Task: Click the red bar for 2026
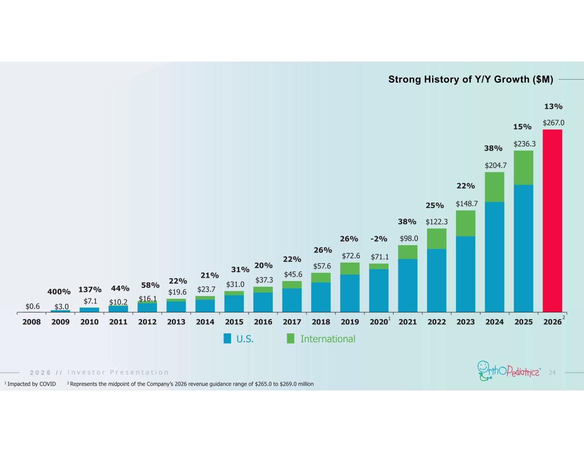click(552, 221)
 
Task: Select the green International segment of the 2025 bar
click(523, 168)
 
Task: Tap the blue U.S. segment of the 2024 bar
click(495, 257)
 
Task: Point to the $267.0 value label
click(553, 123)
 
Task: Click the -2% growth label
click(379, 239)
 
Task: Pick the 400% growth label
click(59, 291)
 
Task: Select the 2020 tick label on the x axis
click(379, 322)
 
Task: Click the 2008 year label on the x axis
click(31, 322)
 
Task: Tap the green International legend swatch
click(291, 338)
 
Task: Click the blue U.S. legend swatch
click(227, 338)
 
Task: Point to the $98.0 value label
click(409, 238)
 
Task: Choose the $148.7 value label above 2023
click(466, 204)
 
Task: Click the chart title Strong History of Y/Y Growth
click(471, 79)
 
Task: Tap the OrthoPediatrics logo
click(509, 371)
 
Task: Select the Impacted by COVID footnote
click(30, 384)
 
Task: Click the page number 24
click(552, 372)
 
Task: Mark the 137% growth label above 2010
click(90, 290)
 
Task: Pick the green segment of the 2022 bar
click(437, 239)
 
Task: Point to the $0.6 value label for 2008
click(33, 306)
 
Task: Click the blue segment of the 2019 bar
click(350, 293)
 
